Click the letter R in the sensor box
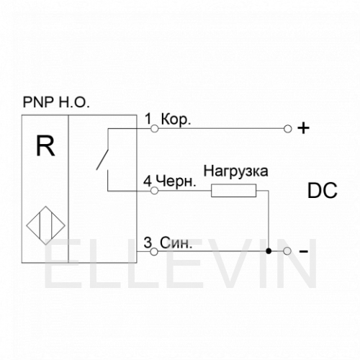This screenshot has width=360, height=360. click(x=45, y=145)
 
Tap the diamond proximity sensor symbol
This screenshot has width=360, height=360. click(x=45, y=225)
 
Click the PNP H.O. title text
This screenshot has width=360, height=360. click(x=56, y=102)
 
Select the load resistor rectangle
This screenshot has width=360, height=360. click(x=233, y=191)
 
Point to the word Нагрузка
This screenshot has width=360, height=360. click(x=235, y=171)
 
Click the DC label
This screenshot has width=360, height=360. click(x=323, y=190)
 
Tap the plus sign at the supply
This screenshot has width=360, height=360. click(x=303, y=128)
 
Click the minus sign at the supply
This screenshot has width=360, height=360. click(x=303, y=251)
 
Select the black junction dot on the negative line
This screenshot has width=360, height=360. click(x=269, y=251)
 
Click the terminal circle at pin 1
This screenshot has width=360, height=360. click(x=155, y=129)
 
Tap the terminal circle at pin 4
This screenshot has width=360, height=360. click(x=154, y=191)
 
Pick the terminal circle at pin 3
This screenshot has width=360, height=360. click(x=154, y=251)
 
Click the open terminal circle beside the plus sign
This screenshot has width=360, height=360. click(x=287, y=129)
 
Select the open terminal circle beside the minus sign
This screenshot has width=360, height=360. click(x=287, y=251)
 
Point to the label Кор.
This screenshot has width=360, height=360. click(x=176, y=119)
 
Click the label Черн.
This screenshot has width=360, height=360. click(x=176, y=181)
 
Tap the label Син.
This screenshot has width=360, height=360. click(x=176, y=243)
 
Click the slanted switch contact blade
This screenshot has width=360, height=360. click(x=102, y=160)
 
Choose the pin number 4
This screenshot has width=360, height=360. click(x=148, y=181)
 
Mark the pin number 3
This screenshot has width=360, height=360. click(x=148, y=243)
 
